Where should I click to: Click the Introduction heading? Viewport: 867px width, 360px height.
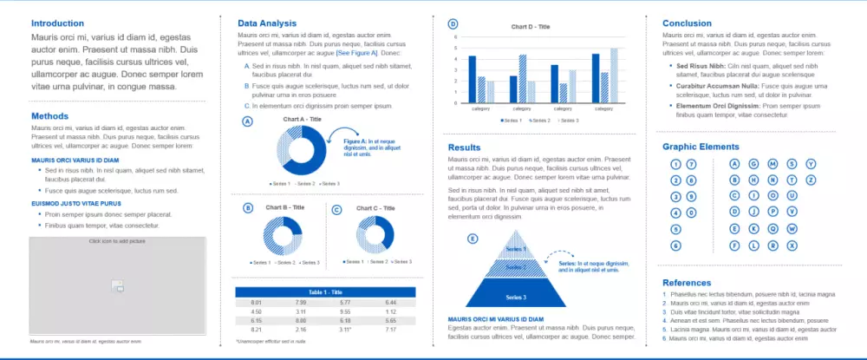58,23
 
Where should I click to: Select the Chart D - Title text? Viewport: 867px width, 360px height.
532,27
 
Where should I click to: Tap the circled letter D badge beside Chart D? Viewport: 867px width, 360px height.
453,24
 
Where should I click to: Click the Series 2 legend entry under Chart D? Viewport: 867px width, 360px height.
541,120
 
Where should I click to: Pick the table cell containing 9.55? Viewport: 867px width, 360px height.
345,311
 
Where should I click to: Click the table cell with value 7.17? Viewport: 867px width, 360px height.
390,330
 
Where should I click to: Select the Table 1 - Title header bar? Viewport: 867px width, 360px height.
326,291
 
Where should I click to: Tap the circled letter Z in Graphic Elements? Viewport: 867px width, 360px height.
812,180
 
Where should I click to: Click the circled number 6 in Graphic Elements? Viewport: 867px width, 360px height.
675,245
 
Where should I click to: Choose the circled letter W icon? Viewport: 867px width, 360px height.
792,229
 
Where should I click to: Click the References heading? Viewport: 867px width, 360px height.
688,283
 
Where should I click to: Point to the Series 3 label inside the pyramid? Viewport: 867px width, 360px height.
518,298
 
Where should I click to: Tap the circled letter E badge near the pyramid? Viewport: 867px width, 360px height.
473,239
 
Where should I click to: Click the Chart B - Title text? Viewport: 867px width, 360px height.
285,207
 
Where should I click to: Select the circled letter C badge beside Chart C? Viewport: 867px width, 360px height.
337,209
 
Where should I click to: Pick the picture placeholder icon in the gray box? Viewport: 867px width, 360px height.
118,286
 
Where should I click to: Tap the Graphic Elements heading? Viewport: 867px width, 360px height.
701,147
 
